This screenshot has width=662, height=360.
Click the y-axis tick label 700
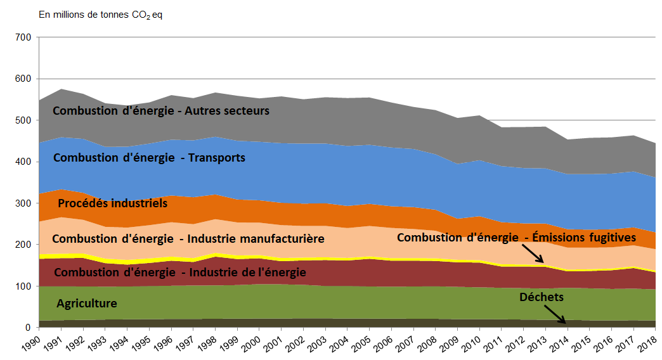(x=23, y=38)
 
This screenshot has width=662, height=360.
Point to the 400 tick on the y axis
(x=23, y=162)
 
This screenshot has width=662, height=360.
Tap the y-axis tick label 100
(x=23, y=286)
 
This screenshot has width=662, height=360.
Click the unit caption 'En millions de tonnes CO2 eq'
(x=101, y=14)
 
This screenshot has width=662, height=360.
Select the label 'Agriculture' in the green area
(x=87, y=304)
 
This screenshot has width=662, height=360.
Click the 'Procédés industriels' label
(x=112, y=203)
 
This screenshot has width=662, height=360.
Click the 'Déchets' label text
(x=541, y=297)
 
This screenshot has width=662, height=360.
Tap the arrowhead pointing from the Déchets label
(x=565, y=321)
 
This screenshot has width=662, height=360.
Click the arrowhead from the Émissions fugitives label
(x=542, y=261)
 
